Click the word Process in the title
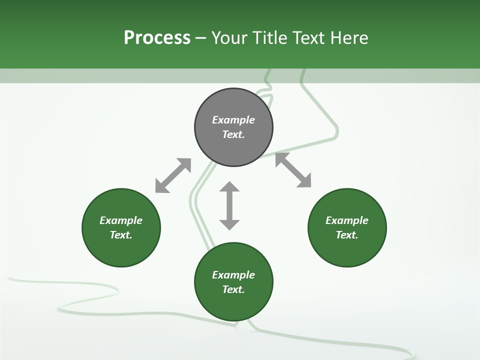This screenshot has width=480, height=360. coord(157,38)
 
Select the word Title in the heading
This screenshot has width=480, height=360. coord(270,38)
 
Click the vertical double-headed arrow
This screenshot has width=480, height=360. coord(229,205)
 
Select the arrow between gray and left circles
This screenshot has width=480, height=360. coord(173,175)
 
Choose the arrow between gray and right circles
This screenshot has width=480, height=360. coord(293,170)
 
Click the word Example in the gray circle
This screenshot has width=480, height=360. coord(233,120)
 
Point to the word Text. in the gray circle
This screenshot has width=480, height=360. coord(233,134)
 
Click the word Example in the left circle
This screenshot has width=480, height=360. coord(121,220)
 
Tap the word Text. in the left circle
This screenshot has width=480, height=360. coord(121,235)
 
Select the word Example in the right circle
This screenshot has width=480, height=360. coord(347,220)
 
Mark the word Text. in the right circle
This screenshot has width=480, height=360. coord(347,235)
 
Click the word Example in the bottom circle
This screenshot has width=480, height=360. coord(233,275)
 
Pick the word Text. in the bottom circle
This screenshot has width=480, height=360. coord(233,289)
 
